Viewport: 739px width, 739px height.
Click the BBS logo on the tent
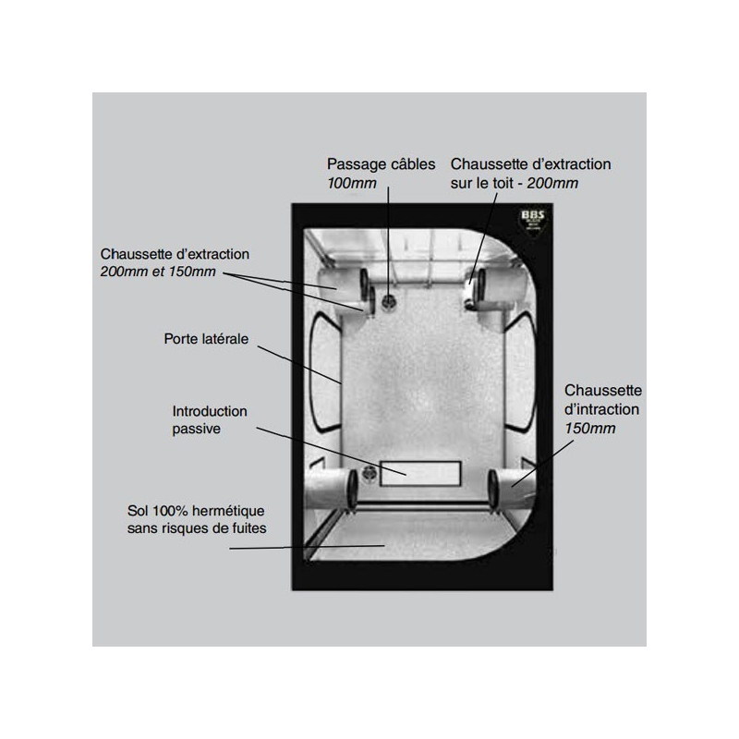(x=533, y=222)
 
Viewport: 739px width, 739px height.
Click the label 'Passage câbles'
(x=381, y=164)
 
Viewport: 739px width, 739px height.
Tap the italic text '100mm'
(x=352, y=183)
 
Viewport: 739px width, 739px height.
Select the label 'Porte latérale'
(x=206, y=339)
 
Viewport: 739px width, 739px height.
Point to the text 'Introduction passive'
(x=210, y=420)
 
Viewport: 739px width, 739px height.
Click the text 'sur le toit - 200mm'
(x=515, y=183)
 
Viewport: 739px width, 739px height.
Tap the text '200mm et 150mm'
(x=158, y=272)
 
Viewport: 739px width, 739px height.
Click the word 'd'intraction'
(x=601, y=409)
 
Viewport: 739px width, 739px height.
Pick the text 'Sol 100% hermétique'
(x=196, y=511)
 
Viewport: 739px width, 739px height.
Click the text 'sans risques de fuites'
(x=197, y=528)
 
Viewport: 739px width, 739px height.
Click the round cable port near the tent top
(x=388, y=300)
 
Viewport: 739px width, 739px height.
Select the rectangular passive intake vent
(x=420, y=474)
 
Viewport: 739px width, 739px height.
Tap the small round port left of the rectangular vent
(x=369, y=473)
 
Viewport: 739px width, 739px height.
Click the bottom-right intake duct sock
(x=512, y=489)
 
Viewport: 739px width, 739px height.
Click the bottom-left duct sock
(x=331, y=490)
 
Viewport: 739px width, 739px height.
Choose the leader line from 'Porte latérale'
(x=299, y=365)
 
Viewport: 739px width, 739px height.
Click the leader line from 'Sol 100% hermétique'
(x=307, y=547)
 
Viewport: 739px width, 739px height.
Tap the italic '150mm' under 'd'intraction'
(x=590, y=429)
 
